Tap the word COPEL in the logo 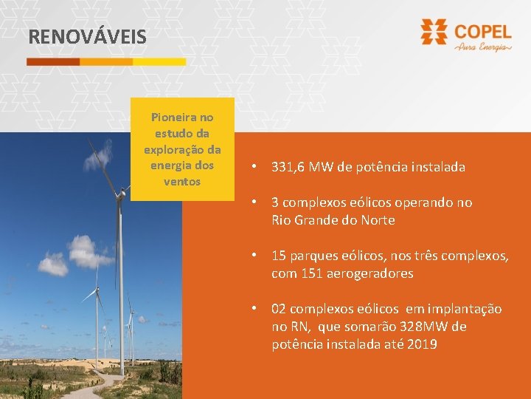(x=483, y=32)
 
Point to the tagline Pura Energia (x=483, y=47)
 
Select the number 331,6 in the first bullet (x=288, y=167)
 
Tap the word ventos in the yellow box (x=182, y=181)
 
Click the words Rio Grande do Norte (x=333, y=220)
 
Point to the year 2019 (x=422, y=344)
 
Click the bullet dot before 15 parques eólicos (x=252, y=256)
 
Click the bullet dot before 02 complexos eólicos (x=252, y=309)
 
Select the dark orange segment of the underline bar (x=53, y=62)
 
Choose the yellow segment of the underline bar (x=159, y=62)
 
